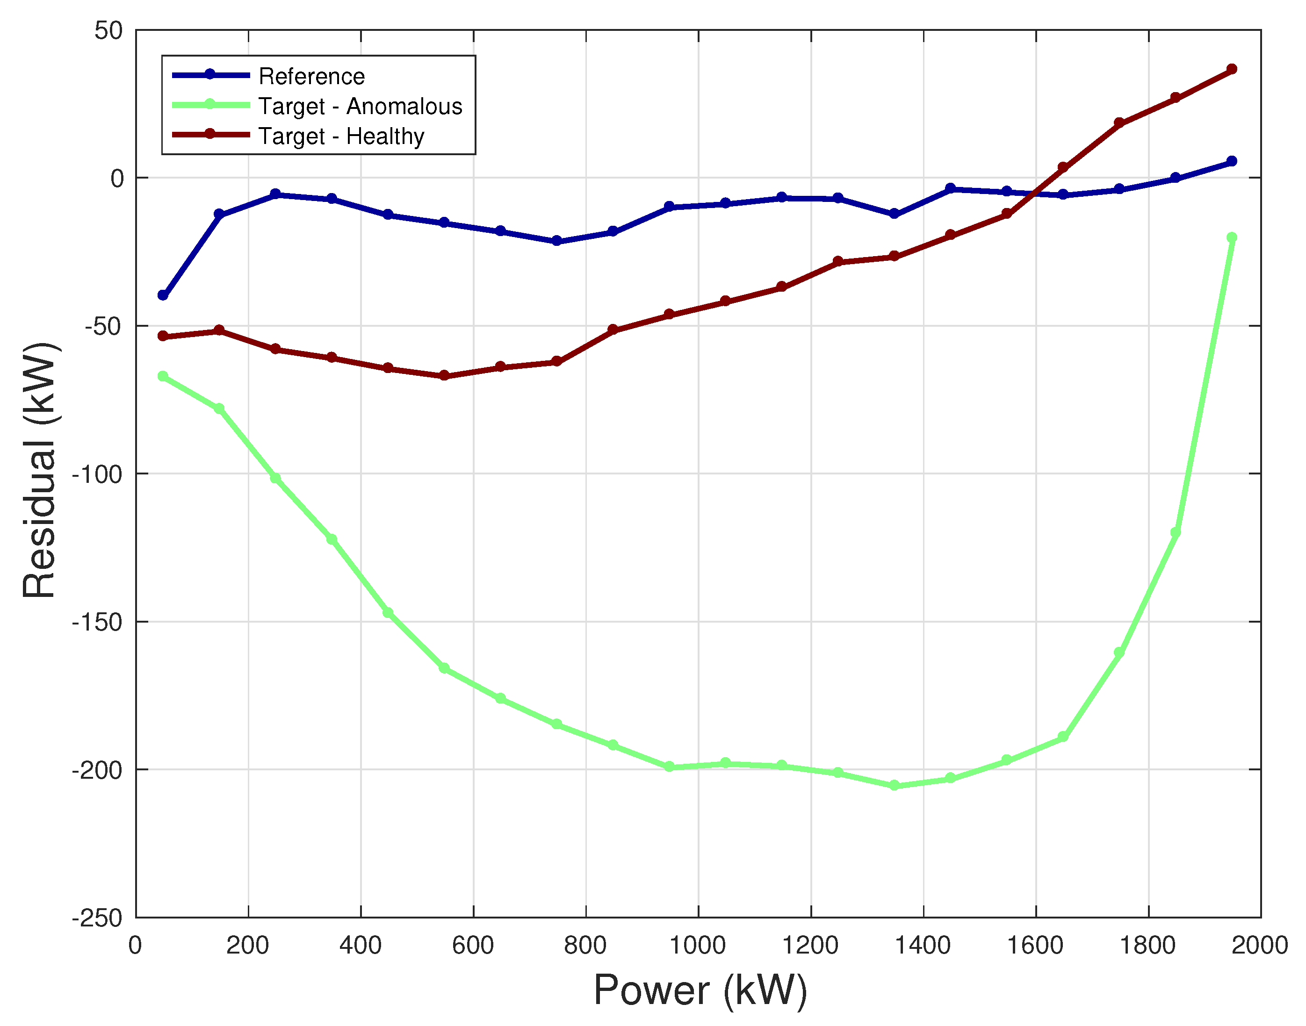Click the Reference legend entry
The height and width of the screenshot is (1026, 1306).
tap(311, 76)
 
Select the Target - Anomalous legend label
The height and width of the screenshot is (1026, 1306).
tap(360, 106)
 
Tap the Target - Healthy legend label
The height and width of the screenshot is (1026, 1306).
tap(341, 136)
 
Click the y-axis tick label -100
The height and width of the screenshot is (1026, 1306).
tap(97, 474)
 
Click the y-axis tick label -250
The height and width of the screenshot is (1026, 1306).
tap(97, 918)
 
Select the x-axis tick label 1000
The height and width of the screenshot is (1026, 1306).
tap(697, 946)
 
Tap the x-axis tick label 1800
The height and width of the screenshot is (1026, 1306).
tap(1147, 946)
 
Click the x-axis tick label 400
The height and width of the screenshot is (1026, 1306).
tap(360, 946)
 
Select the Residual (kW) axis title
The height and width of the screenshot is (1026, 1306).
tap(40, 471)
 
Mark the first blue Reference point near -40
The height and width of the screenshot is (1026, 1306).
tap(163, 295)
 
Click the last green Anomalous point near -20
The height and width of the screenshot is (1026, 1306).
tap(1232, 238)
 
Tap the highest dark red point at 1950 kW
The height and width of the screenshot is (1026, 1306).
tap(1232, 69)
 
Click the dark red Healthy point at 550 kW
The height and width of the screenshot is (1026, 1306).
tap(444, 375)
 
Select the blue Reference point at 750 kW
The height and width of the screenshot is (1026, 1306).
tap(556, 241)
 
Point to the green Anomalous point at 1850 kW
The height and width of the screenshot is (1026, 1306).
tap(1176, 532)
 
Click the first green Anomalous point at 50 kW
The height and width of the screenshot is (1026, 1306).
tap(163, 376)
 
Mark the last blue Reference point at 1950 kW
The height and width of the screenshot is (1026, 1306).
tap(1232, 161)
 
